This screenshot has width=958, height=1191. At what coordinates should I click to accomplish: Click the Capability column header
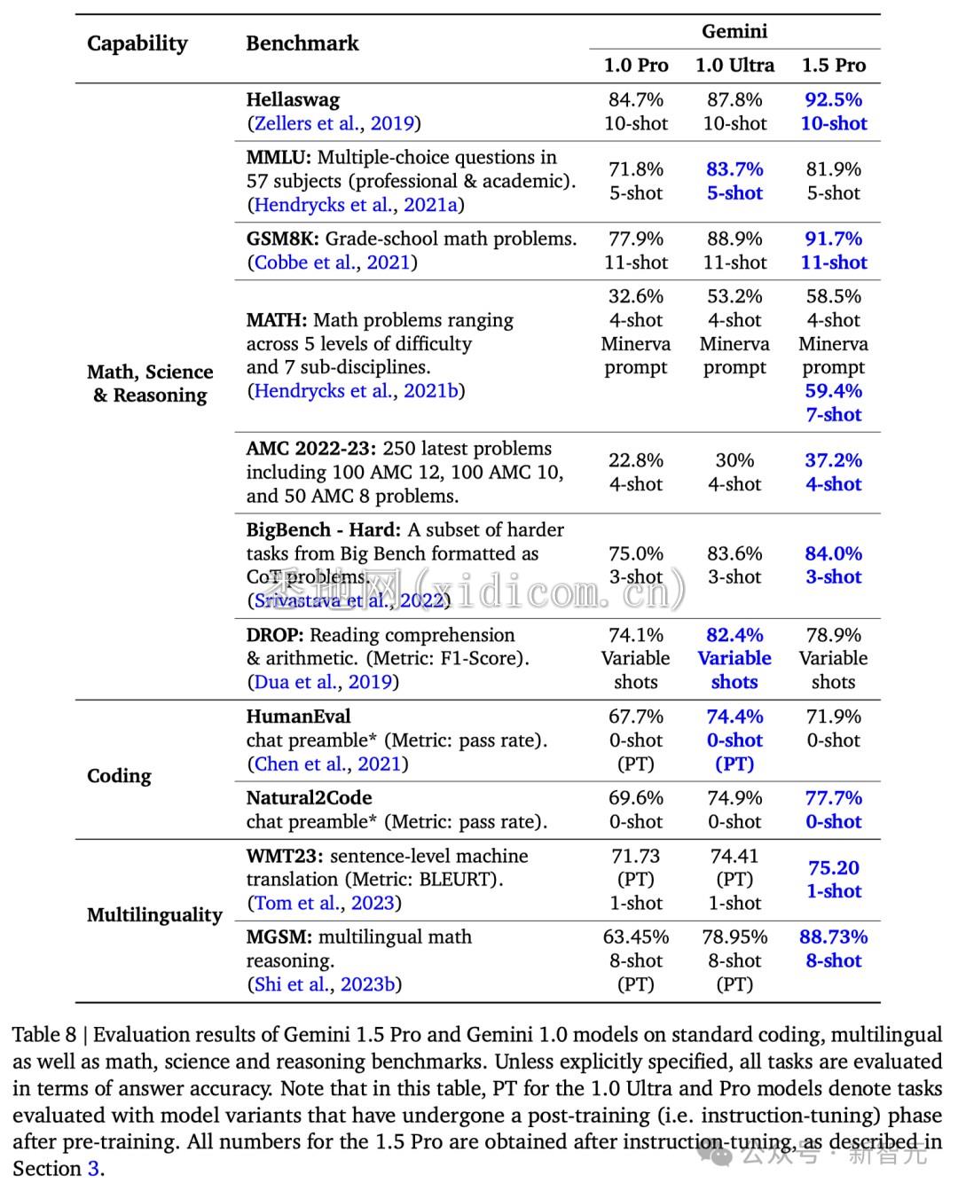[137, 43]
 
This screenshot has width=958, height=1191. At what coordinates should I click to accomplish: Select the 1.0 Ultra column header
[734, 66]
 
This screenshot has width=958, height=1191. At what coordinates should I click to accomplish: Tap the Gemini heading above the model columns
[734, 32]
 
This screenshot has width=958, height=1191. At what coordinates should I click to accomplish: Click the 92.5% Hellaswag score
[833, 99]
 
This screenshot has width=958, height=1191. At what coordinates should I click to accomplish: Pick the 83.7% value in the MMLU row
[734, 169]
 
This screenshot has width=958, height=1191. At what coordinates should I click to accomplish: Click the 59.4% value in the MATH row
[833, 391]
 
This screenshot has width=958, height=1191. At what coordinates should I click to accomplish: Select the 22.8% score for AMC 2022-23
[635, 460]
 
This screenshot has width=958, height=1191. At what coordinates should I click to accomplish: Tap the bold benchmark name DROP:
[275, 635]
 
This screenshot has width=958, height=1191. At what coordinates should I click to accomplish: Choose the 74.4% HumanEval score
[734, 717]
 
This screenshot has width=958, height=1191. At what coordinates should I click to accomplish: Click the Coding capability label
[119, 776]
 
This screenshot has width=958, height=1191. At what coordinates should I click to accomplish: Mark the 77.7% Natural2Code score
[833, 798]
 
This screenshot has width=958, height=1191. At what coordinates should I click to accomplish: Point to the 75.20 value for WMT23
[833, 868]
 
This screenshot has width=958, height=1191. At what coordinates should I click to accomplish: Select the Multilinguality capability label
[154, 915]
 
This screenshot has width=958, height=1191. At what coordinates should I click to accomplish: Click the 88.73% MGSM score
[833, 937]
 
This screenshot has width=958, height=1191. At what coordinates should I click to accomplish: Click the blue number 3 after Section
[92, 1168]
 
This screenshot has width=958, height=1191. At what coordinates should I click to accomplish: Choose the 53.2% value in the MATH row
[734, 296]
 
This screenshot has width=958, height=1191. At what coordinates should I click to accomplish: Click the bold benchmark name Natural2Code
[309, 798]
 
